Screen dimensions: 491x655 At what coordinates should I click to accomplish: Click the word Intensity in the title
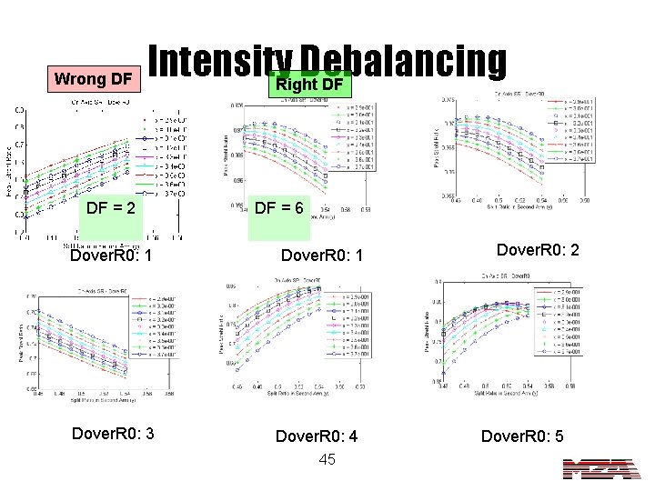tap(207, 59)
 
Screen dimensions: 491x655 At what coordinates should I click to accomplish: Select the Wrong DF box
tap(92, 78)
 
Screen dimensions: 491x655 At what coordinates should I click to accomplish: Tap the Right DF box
tap(308, 85)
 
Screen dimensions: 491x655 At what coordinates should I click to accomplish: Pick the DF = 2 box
tap(111, 208)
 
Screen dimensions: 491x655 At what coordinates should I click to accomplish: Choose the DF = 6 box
tap(284, 208)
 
